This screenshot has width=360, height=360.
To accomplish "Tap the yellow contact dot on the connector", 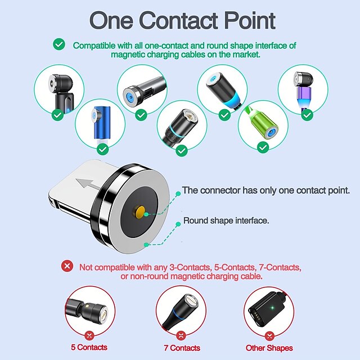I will pyautogui.click(x=139, y=212).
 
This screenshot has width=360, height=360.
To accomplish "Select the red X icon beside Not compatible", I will pyautogui.click(x=67, y=266).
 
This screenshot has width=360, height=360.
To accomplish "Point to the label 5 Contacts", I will pyautogui.click(x=89, y=347).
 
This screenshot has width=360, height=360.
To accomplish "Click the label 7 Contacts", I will pyautogui.click(x=181, y=348).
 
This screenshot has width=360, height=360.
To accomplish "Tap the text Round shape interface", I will pyautogui.click(x=226, y=220).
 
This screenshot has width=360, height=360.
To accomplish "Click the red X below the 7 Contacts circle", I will pyautogui.click(x=181, y=336).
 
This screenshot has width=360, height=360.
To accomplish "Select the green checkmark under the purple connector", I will pyautogui.click(x=307, y=114).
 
